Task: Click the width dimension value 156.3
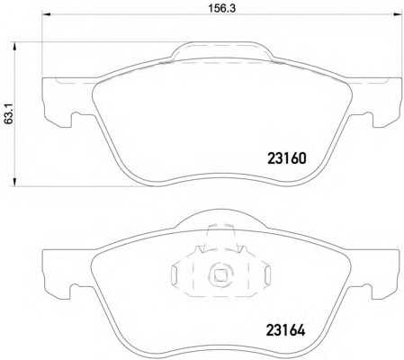click(x=222, y=8)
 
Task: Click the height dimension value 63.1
click(x=9, y=113)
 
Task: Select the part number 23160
click(x=287, y=158)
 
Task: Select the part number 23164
click(x=286, y=330)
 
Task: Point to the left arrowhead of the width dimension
click(x=46, y=13)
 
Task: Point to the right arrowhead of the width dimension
click(x=398, y=13)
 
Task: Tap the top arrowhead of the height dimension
click(x=14, y=47)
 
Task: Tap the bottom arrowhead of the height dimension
click(x=14, y=182)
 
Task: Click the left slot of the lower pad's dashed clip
click(x=175, y=274)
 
